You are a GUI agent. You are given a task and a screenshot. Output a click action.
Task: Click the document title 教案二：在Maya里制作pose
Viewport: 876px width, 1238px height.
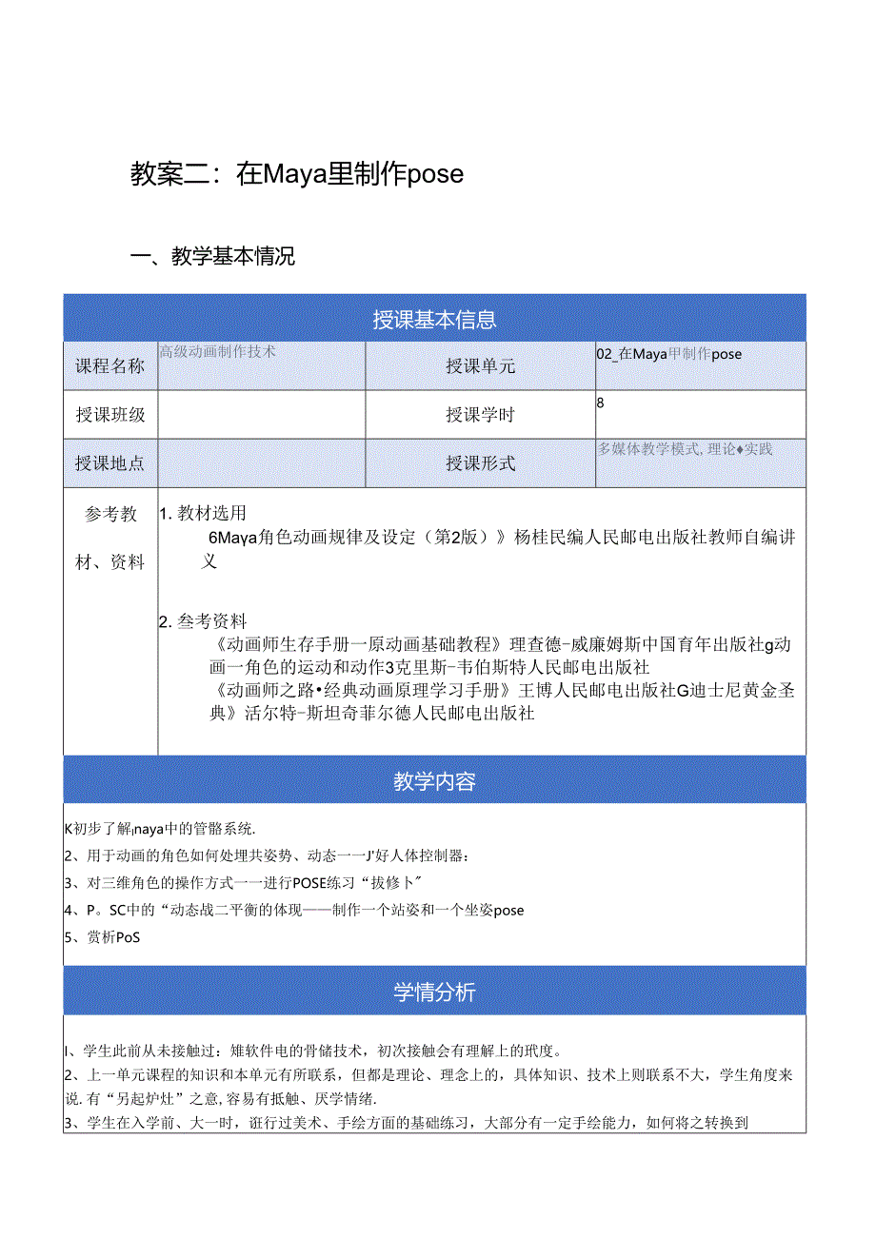coord(296,173)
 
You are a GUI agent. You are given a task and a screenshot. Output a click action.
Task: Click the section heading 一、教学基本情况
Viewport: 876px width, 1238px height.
coord(212,256)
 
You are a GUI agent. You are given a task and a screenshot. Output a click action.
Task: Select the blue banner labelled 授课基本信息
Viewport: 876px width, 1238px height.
coord(434,320)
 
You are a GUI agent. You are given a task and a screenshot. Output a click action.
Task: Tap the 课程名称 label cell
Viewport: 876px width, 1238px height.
coord(110,366)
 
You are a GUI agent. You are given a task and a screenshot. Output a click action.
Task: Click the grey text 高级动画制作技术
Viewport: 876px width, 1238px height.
coord(217,351)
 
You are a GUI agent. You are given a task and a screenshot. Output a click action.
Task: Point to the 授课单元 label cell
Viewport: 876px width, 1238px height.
coord(480,366)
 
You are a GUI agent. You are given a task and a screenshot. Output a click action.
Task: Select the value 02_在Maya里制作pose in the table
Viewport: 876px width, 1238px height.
coord(668,354)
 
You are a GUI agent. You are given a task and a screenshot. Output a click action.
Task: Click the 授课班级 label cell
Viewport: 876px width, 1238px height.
coord(110,415)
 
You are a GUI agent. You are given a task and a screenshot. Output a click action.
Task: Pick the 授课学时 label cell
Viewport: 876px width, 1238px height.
coord(480,415)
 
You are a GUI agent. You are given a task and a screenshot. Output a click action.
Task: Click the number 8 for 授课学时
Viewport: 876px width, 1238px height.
coord(601,403)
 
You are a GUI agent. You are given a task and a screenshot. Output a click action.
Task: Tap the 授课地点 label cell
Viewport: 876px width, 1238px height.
coord(110,463)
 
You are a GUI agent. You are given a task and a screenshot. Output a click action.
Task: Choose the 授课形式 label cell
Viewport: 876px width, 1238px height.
coord(480,463)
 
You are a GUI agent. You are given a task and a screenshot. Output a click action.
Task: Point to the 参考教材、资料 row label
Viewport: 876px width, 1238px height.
coord(110,538)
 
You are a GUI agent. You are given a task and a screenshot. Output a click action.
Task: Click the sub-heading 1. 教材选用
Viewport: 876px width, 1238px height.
coord(203,513)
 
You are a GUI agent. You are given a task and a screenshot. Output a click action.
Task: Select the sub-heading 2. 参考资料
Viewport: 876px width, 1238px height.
coord(203,621)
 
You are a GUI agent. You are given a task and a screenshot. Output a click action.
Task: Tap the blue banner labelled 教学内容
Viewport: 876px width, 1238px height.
coord(434,781)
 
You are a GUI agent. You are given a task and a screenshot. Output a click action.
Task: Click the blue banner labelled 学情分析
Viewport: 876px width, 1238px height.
coord(434,992)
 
